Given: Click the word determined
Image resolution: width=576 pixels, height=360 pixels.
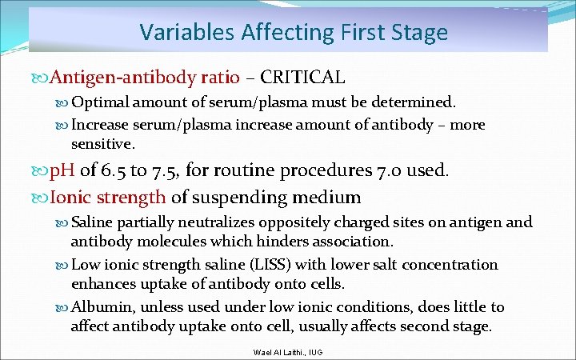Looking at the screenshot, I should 416,102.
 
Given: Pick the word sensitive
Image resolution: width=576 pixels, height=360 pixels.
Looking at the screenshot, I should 102,144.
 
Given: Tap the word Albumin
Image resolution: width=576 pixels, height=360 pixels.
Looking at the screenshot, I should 98,307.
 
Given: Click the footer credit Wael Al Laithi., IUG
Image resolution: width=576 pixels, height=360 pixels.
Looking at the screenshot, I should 287,351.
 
